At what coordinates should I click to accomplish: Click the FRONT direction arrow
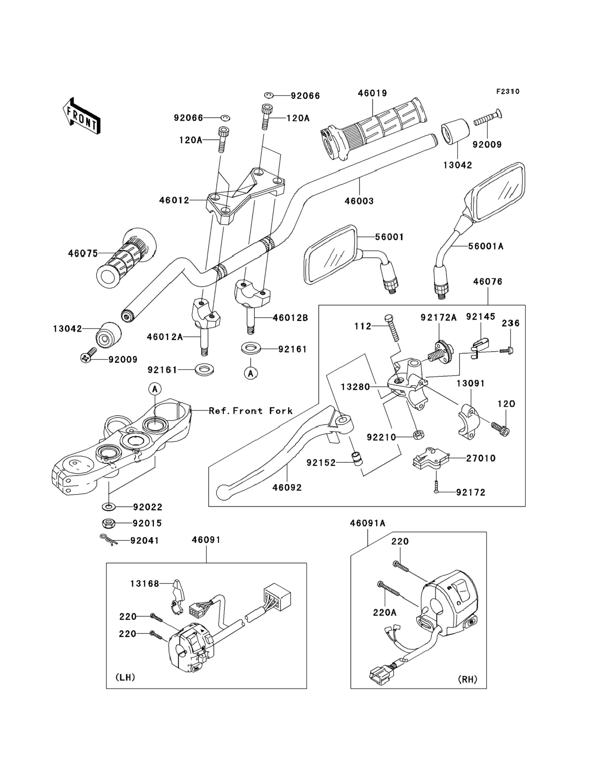(x=81, y=116)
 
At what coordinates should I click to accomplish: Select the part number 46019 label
(x=372, y=93)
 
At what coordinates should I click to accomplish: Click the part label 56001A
(x=486, y=246)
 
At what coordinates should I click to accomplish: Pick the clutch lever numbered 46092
(x=284, y=448)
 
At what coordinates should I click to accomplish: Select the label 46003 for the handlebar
(x=359, y=201)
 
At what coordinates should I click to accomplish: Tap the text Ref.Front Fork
(x=251, y=411)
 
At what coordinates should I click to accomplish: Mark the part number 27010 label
(x=481, y=458)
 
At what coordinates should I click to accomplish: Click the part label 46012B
(x=290, y=318)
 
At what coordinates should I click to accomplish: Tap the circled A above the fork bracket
(x=155, y=389)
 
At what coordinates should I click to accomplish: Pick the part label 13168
(x=145, y=584)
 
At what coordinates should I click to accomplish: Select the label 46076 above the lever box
(x=487, y=281)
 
